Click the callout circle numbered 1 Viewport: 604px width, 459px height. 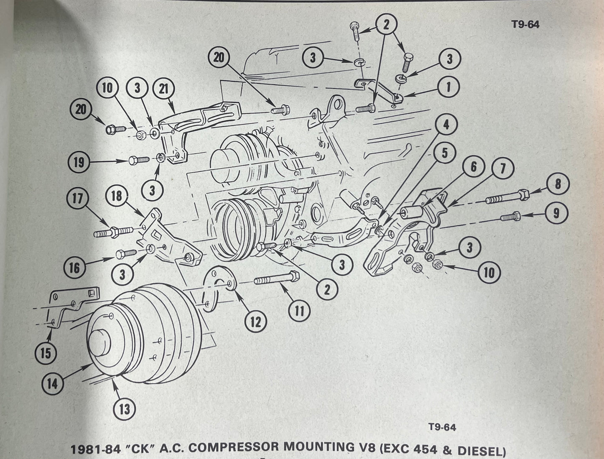click(x=448, y=87)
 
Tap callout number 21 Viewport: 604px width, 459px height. click(x=163, y=89)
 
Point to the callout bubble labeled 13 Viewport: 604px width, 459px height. click(x=124, y=408)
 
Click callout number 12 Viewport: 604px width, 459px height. click(x=255, y=321)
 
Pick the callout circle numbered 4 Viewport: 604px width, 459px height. click(x=446, y=125)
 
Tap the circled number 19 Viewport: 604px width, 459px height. click(x=79, y=163)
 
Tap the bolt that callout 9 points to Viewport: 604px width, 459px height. click(x=510, y=217)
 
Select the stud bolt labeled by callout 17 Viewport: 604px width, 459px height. click(x=113, y=231)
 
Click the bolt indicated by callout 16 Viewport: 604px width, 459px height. click(x=125, y=253)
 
